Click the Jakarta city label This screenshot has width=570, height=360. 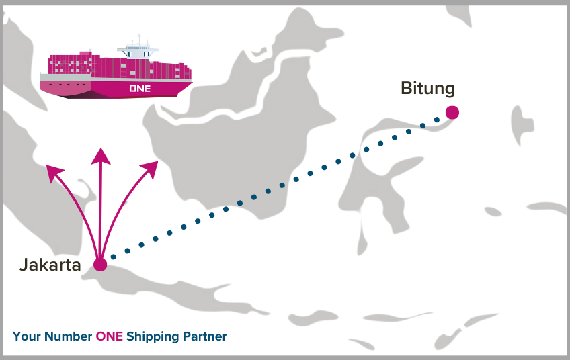tap(50, 265)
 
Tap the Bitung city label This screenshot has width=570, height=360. tap(427, 89)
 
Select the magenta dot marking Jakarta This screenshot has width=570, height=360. tap(100, 265)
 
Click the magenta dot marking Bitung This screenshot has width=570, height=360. tap(452, 113)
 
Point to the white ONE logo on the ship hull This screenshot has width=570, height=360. tap(139, 88)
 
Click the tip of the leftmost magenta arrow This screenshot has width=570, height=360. tap(48, 167)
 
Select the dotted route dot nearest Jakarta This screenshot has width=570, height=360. tap(112, 256)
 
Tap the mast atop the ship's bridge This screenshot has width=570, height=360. tap(139, 38)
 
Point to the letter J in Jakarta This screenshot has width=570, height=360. tap(24, 265)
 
